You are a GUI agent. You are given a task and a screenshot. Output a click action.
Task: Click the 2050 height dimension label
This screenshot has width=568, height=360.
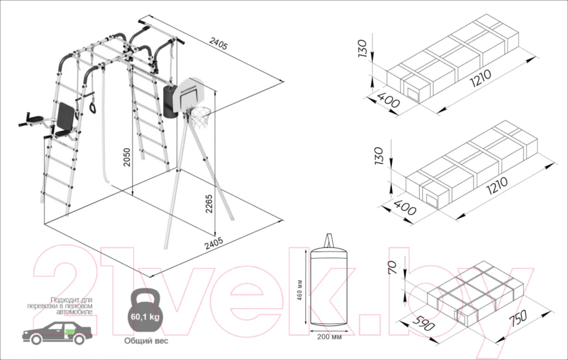[x=126, y=158]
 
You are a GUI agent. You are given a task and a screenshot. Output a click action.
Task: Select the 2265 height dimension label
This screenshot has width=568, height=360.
[x=209, y=204]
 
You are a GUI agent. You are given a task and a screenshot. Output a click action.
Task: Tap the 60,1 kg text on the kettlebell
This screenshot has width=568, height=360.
[x=145, y=317]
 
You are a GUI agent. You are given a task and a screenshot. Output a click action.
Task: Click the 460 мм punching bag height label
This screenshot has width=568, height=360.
[x=300, y=290]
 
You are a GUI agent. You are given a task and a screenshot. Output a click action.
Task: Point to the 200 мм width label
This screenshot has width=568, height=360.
[x=329, y=337]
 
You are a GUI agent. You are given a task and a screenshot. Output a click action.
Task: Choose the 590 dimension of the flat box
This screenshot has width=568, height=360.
[x=423, y=323]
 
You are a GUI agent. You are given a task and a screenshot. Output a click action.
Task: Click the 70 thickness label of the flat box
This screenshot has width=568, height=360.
[x=392, y=267]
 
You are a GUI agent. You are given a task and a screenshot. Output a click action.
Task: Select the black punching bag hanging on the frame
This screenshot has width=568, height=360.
[x=170, y=101]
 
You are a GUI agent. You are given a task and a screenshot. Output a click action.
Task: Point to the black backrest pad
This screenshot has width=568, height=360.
[x=66, y=115]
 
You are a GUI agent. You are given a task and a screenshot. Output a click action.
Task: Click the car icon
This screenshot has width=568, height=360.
[x=57, y=333]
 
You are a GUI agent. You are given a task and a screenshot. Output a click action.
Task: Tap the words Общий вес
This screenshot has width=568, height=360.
[x=146, y=341]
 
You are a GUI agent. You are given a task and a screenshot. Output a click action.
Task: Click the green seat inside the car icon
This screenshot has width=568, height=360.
[x=70, y=332]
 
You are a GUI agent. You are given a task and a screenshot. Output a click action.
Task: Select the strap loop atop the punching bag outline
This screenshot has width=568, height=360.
[x=329, y=240]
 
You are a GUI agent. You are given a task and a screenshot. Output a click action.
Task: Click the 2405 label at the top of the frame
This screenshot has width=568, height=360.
[x=218, y=44]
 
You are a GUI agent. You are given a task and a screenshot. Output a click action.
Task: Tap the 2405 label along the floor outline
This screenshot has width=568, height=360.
[x=214, y=243]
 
